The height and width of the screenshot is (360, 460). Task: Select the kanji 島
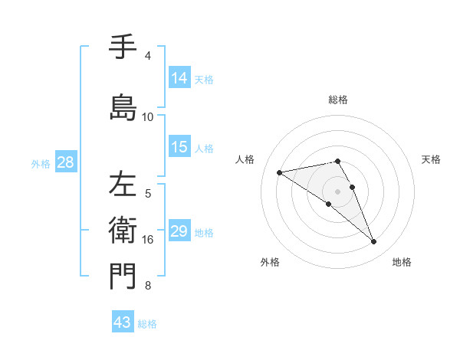click(x=123, y=106)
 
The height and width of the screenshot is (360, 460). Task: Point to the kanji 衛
click(x=123, y=229)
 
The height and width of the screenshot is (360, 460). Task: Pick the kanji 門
click(x=123, y=275)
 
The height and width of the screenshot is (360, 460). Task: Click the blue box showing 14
click(x=179, y=78)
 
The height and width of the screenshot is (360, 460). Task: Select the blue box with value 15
click(x=179, y=148)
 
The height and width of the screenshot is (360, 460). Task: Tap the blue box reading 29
click(x=179, y=232)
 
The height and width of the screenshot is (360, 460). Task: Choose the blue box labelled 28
click(x=65, y=162)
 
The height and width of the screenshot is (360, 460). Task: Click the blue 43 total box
click(x=123, y=322)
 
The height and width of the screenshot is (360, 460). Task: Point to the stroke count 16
click(x=148, y=240)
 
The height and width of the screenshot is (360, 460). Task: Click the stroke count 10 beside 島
click(x=148, y=117)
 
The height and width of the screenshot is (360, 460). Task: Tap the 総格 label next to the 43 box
click(x=147, y=324)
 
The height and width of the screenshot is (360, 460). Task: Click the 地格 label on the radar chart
click(x=402, y=263)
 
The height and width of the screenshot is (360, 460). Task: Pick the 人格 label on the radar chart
click(x=245, y=159)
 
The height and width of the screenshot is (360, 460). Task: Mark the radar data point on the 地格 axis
click(x=374, y=242)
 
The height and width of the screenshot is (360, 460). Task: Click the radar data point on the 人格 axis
click(x=279, y=172)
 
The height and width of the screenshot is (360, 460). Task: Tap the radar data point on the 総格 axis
click(x=337, y=161)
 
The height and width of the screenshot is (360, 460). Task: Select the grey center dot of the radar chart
click(x=337, y=191)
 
